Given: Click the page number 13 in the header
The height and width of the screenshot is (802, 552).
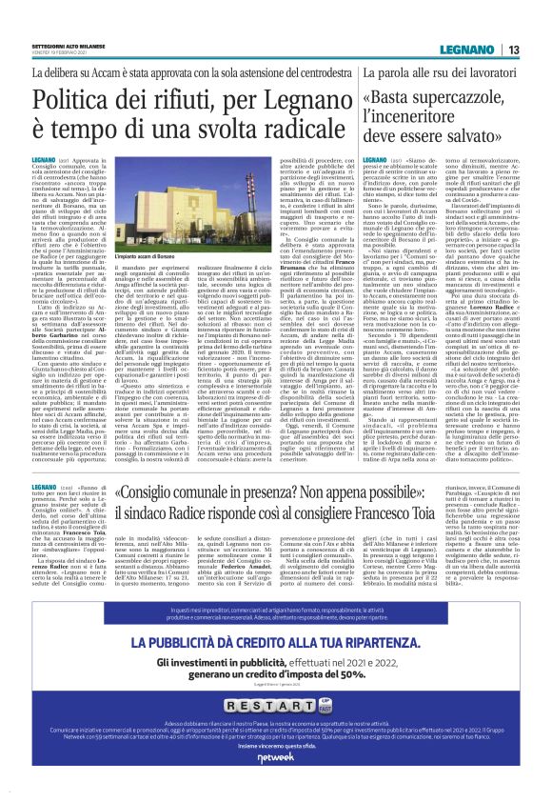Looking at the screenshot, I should tap(513, 50).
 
